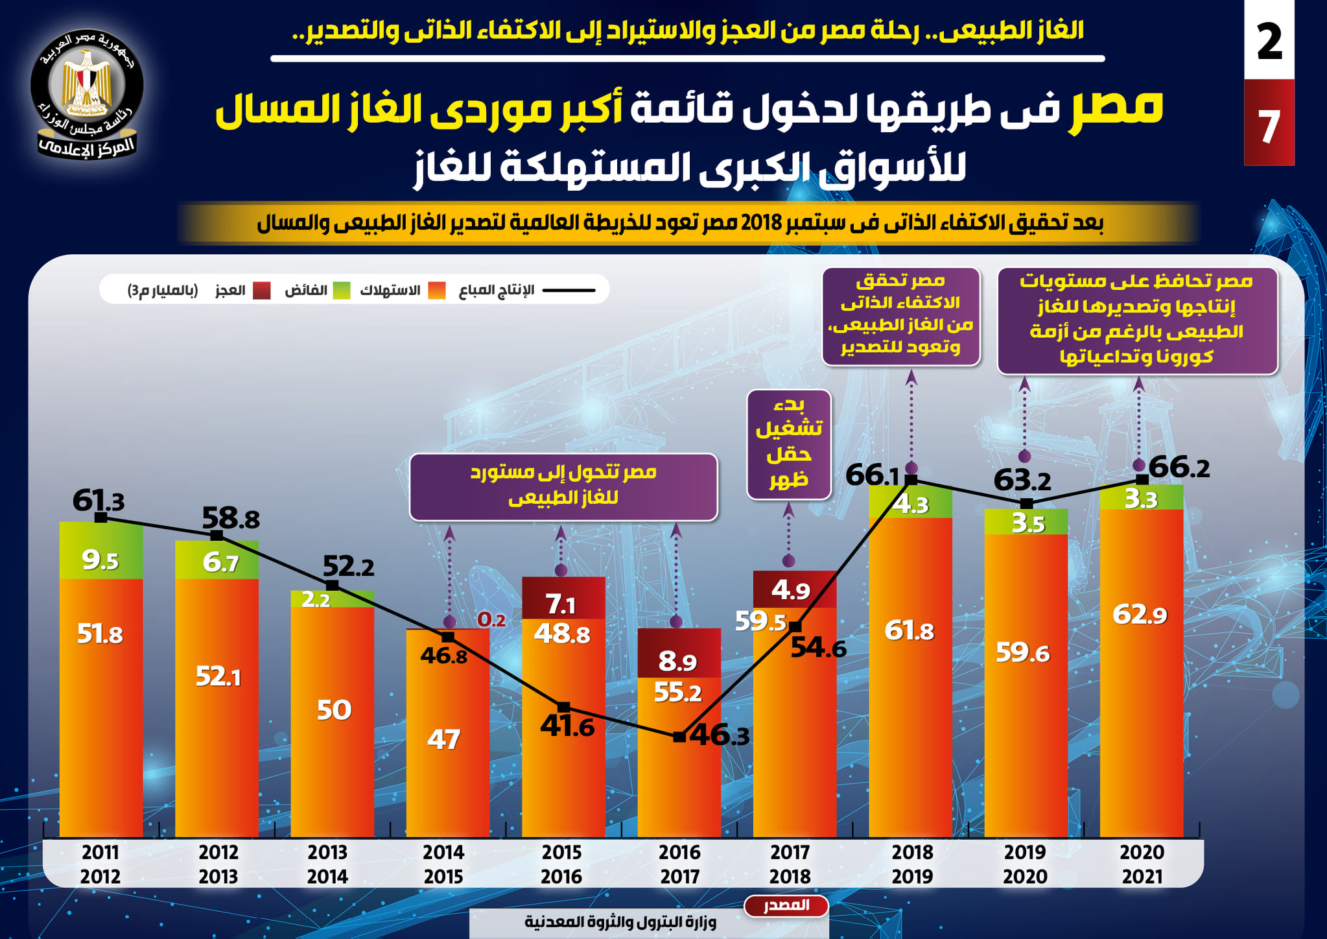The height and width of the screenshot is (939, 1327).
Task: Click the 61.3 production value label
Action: tap(99, 501)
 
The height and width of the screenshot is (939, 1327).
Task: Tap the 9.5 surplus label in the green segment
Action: tap(100, 560)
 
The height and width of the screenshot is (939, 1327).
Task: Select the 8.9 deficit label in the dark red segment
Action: tap(677, 661)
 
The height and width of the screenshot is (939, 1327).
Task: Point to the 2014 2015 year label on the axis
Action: tap(443, 864)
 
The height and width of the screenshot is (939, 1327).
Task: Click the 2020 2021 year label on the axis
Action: tap(1142, 864)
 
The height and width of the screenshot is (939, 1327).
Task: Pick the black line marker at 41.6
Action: tap(564, 707)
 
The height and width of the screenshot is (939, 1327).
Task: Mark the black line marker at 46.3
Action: tap(679, 737)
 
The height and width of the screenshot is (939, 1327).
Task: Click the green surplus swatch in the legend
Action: tap(342, 290)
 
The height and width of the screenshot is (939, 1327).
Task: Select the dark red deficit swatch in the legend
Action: tap(261, 290)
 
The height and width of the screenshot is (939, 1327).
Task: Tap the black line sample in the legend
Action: tap(569, 290)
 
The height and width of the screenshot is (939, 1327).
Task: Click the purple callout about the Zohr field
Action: tap(789, 445)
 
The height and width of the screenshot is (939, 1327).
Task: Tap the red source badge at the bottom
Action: tap(786, 905)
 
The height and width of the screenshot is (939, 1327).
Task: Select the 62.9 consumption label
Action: tap(1140, 614)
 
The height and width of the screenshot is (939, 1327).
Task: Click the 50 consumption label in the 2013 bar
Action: tap(334, 710)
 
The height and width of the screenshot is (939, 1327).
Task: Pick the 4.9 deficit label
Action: tap(791, 590)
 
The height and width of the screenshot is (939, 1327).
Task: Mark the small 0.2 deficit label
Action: tap(491, 620)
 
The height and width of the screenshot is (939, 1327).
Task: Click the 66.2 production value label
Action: tap(1179, 467)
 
